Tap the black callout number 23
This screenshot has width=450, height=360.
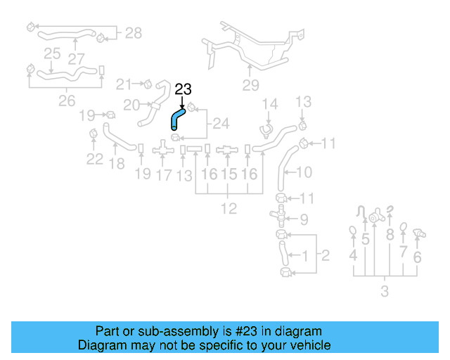pyautogui.click(x=183, y=89)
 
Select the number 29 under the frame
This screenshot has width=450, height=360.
pyautogui.click(x=251, y=86)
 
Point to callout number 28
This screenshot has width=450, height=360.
pyautogui.click(x=133, y=32)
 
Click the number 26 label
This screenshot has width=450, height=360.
pyautogui.click(x=66, y=101)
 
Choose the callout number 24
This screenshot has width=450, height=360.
pyautogui.click(x=221, y=124)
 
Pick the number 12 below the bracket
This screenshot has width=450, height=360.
pyautogui.click(x=229, y=208)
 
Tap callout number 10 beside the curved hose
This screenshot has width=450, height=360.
pyautogui.click(x=304, y=172)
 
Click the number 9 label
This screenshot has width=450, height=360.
pyautogui.click(x=304, y=219)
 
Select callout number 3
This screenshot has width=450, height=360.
pyautogui.click(x=384, y=291)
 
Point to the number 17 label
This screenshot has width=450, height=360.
pyautogui.click(x=163, y=174)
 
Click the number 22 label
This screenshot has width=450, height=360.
pyautogui.click(x=95, y=159)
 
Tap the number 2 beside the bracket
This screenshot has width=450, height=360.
pyautogui.click(x=325, y=255)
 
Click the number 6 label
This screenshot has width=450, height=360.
pyautogui.click(x=417, y=257)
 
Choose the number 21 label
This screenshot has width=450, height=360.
pyautogui.click(x=124, y=84)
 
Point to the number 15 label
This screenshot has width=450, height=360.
pyautogui.click(x=229, y=174)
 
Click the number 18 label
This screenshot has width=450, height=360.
pyautogui.click(x=117, y=164)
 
